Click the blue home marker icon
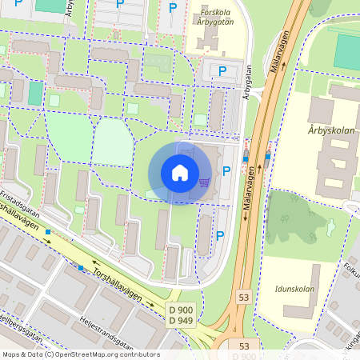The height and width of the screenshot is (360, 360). (180, 172)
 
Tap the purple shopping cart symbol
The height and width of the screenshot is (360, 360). (204, 183)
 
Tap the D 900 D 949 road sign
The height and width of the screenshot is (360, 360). (181, 314)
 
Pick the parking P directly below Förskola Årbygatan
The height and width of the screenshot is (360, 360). (222, 71)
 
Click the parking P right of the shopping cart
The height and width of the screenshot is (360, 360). (226, 170)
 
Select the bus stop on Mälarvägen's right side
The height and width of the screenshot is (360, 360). (266, 157)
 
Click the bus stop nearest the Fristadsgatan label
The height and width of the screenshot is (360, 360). (49, 232)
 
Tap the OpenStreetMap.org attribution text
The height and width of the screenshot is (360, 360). (112, 354)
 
